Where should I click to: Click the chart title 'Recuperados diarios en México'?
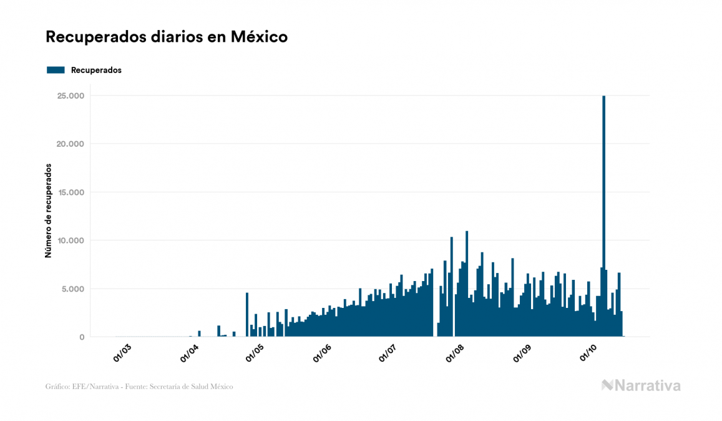pos(167,37)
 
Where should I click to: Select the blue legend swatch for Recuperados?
pos(56,70)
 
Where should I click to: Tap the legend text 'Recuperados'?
pos(96,70)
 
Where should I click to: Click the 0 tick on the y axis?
pos(81,337)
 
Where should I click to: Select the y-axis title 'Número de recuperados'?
pos(48,210)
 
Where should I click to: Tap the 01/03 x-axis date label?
pos(122,353)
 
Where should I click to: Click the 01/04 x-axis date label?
pos(188,353)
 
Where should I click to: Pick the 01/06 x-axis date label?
pos(322,353)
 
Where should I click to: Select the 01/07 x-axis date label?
pos(388,353)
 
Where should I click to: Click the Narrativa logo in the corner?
pos(641,385)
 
